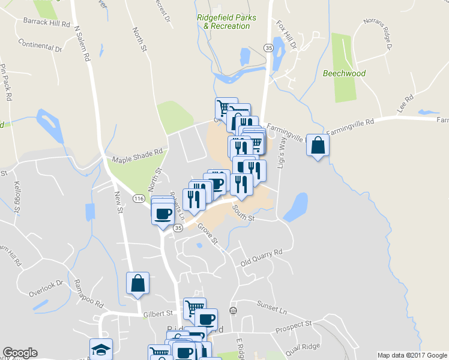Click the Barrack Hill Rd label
tap(47, 23)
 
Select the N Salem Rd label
tap(82, 43)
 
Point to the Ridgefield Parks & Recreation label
tap(226, 22)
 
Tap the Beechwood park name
tap(344, 74)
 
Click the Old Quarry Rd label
tap(261, 258)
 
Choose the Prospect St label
tap(294, 327)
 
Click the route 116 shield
tap(139, 199)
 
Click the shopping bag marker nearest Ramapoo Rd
tap(137, 283)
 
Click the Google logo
tap(20, 353)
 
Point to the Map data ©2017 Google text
tap(412, 355)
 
